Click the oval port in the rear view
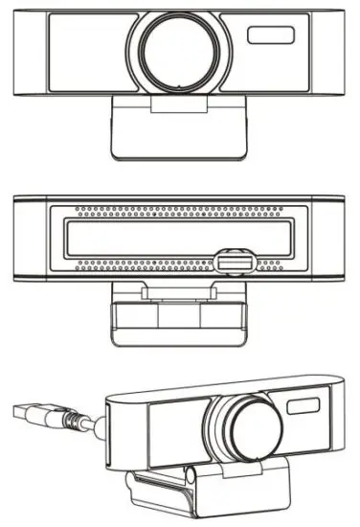(x=233, y=261)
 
